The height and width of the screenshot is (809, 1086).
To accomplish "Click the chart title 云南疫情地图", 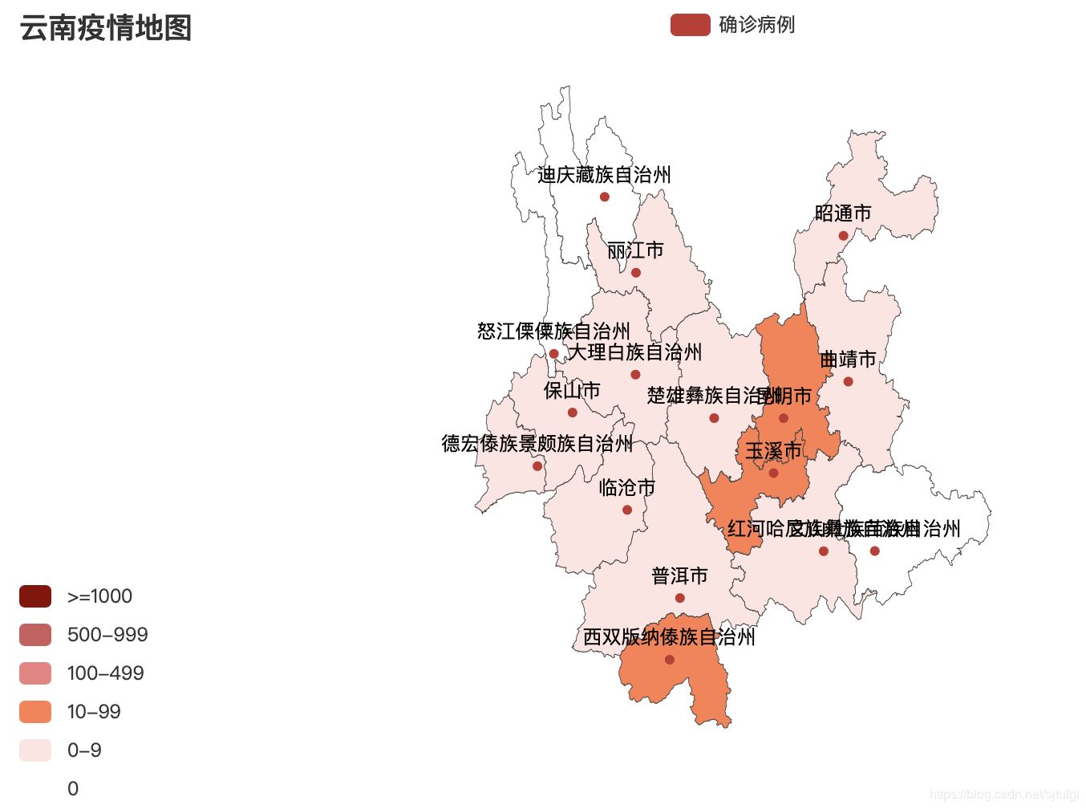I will [x=105, y=28].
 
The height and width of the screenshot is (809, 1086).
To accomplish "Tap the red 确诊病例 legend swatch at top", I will [x=690, y=25].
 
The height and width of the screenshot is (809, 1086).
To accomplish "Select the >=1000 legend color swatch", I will [x=35, y=596].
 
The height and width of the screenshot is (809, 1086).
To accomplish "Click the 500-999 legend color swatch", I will [x=35, y=635].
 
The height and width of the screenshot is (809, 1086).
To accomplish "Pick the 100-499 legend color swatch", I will [x=35, y=673].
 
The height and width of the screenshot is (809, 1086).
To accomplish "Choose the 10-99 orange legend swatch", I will [x=35, y=712].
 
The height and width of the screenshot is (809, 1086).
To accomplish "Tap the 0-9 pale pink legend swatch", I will [x=35, y=750].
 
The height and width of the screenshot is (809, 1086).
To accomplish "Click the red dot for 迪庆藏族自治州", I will [x=605, y=197].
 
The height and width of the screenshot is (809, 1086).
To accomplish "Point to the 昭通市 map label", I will [x=843, y=213].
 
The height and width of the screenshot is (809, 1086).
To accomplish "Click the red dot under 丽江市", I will [x=636, y=273].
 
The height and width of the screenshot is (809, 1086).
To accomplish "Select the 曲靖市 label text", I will [x=848, y=360].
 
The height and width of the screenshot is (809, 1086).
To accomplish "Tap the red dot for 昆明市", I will [x=784, y=418].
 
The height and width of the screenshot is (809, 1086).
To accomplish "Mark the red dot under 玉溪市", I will [x=773, y=473].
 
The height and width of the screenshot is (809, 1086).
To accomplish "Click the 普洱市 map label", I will [x=679, y=576].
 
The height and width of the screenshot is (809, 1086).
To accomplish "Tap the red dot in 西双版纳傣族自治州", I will [x=670, y=660].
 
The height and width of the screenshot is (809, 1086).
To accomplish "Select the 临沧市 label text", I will [x=627, y=488].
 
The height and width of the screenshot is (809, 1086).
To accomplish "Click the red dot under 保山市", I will [x=573, y=413].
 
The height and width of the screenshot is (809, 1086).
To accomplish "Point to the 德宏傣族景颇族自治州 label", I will [x=537, y=444].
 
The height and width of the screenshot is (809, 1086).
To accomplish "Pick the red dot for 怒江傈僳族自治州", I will [x=553, y=354].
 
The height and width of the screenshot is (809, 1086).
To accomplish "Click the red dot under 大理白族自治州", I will [x=635, y=375].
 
